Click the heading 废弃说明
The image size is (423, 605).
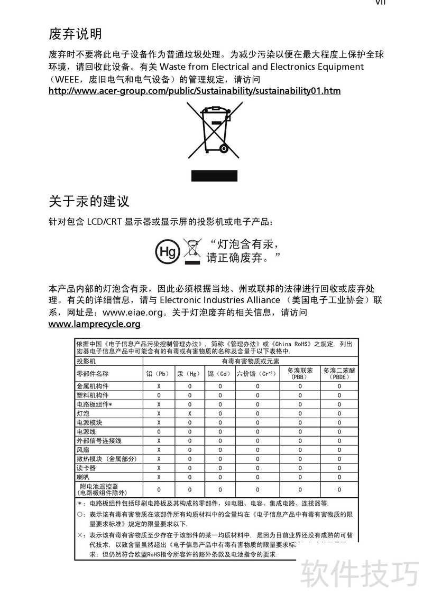tap(76, 35)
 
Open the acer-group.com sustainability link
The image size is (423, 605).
tap(195, 91)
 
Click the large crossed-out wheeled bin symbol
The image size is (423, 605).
tap(214, 130)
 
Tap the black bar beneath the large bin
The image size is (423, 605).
tap(214, 176)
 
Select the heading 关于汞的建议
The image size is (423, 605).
tap(89, 201)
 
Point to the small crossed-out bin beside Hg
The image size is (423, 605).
tap(192, 250)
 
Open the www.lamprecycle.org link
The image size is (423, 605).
tap(95, 324)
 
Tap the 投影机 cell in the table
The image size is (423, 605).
tap(87, 361)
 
